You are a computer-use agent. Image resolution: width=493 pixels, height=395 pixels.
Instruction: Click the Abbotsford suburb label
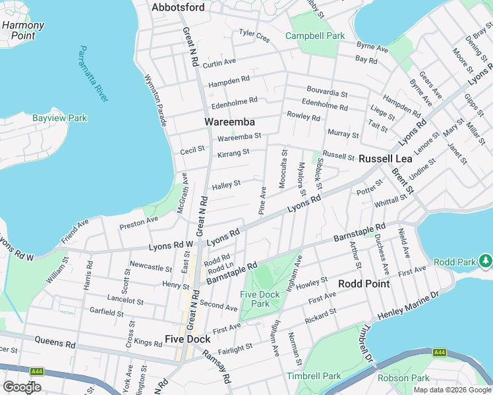click(178, 7)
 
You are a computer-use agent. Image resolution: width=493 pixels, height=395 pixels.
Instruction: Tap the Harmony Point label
click(23, 30)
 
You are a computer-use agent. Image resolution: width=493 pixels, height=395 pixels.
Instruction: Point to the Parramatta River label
click(93, 74)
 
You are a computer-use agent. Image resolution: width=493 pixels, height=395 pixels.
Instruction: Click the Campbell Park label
click(314, 35)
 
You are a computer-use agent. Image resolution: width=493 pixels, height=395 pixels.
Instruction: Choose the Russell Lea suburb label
click(385, 159)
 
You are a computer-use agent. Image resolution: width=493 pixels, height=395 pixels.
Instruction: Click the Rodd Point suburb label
click(363, 283)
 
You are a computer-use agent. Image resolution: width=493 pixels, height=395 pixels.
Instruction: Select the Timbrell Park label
click(314, 376)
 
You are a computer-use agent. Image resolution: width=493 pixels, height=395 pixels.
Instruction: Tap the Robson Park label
click(403, 378)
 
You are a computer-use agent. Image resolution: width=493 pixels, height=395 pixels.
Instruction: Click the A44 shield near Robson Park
click(440, 353)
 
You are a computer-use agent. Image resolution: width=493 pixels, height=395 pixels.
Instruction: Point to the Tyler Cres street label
click(254, 36)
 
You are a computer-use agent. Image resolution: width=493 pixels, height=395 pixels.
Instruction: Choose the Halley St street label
click(226, 184)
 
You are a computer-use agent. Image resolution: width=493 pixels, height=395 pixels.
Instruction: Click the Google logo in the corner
click(22, 387)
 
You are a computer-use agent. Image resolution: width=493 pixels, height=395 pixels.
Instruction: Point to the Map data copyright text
click(453, 390)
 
